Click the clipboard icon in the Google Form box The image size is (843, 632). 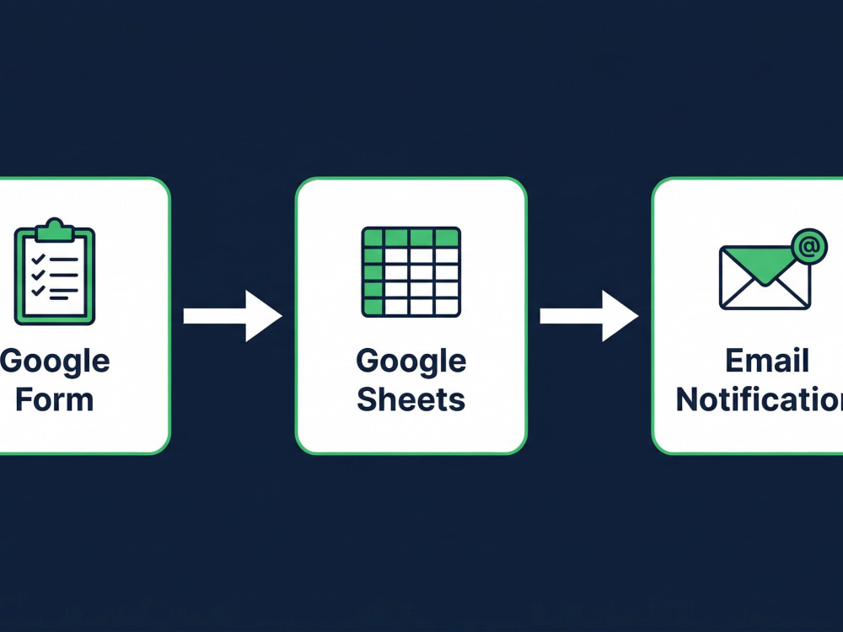click(54, 271)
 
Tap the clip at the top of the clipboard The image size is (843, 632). click(54, 229)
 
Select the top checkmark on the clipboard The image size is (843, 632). click(38, 259)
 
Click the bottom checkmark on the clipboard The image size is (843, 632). click(38, 291)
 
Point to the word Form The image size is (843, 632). click(54, 399)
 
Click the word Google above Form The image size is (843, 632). click(54, 361)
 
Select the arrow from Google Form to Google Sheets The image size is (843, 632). click(233, 316)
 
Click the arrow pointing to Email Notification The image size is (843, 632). click(589, 316)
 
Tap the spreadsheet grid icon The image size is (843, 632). click(411, 271)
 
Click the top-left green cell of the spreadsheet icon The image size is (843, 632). click(373, 237)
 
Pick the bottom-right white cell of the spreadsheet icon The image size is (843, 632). click(446, 307)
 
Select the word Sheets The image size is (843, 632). click(411, 399)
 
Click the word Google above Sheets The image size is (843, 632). click(411, 361)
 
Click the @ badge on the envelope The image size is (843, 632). click(809, 247)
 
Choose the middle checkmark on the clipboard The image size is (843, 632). click(38, 276)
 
